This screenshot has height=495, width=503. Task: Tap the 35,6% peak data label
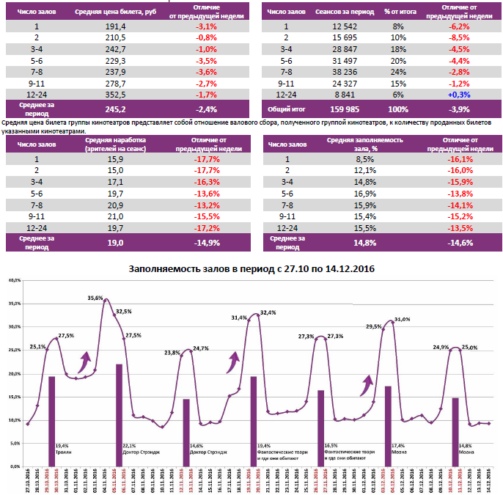pos(95,298)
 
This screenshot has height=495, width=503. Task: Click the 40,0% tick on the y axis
pos(14,280)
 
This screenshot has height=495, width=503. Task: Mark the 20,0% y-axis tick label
pos(14,373)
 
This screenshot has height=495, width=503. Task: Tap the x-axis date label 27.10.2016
pos(28,480)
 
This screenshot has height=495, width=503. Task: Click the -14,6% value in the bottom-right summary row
pos(460,243)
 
